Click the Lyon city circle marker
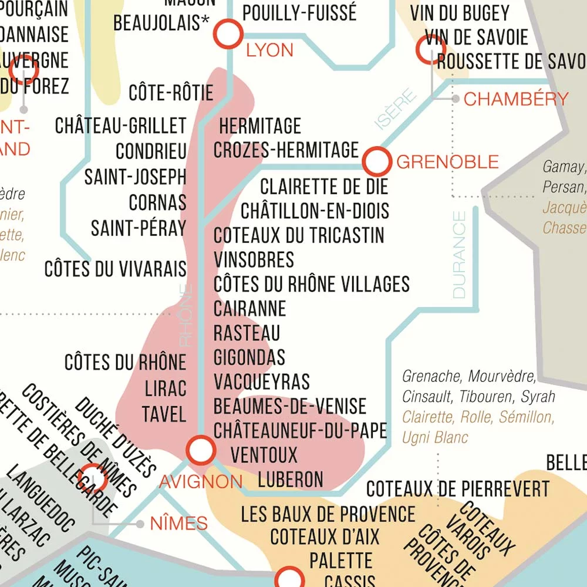coord(228,33)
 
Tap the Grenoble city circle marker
coord(376,161)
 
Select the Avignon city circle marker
coord(201,450)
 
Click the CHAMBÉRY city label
coord(516,99)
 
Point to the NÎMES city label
coord(179,523)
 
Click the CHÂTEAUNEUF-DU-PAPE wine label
coord(300,430)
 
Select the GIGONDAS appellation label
coord(249,357)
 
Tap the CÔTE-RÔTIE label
coord(171,93)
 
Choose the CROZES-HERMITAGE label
coord(286,150)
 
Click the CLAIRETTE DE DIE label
coord(324,187)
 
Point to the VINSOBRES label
coord(254,259)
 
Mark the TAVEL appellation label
coord(164,414)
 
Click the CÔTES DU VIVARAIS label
coord(115,269)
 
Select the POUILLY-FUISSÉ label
coord(299,12)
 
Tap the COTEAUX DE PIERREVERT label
coord(458,488)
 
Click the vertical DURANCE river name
coord(459,255)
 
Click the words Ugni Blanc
coord(435,437)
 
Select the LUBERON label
coord(291,479)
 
